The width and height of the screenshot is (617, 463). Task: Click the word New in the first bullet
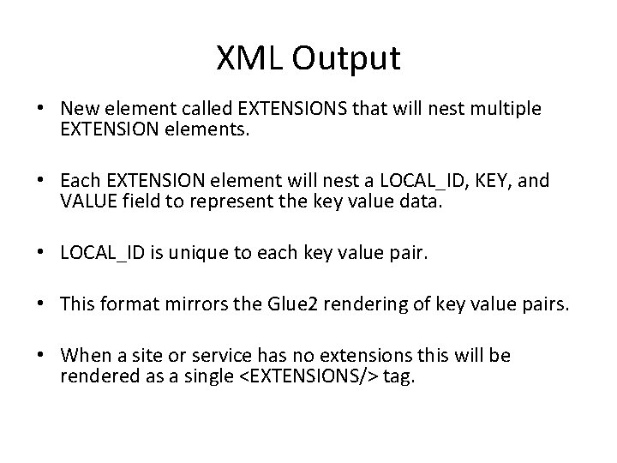80,110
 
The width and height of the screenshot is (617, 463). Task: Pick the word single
200,378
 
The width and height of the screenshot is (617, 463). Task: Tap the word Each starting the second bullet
81,181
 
